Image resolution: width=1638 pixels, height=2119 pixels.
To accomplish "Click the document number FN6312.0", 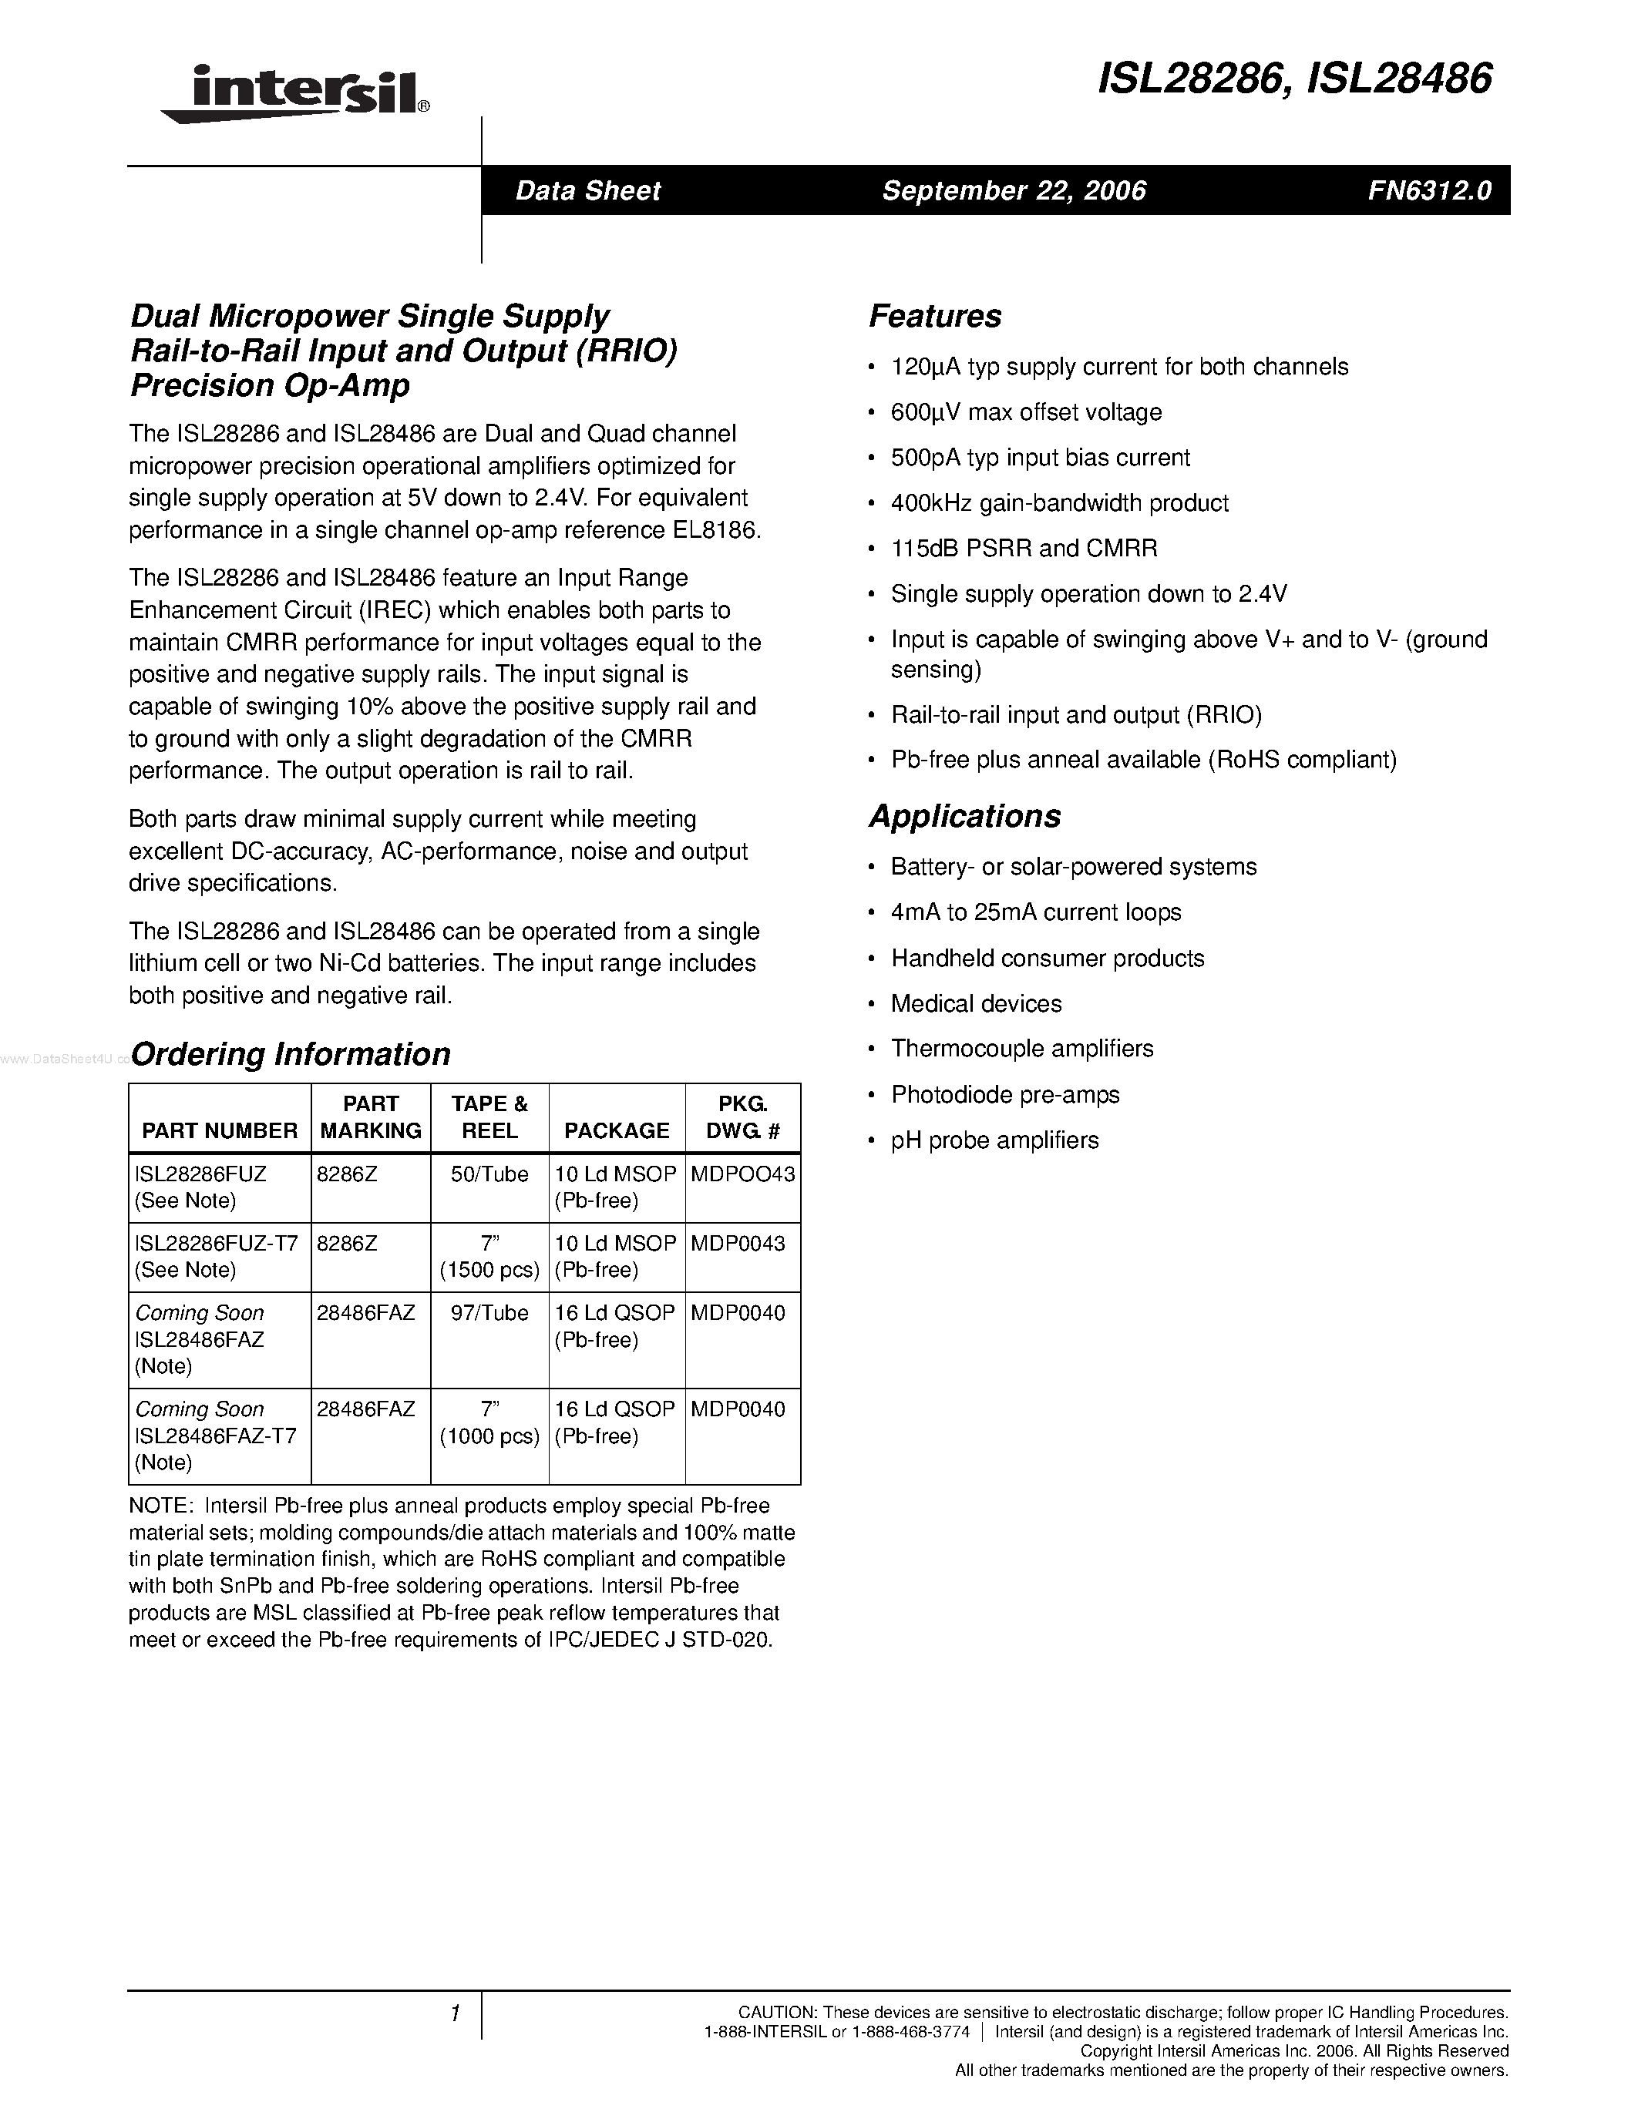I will pos(1428,190).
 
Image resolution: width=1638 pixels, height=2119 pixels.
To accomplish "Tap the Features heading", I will pos(934,316).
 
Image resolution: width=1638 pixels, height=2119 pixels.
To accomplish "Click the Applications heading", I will pos(964,816).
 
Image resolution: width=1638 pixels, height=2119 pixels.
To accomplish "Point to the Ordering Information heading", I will pos(290,1053).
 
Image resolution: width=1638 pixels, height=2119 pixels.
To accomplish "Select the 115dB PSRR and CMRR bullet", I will pos(1024,548).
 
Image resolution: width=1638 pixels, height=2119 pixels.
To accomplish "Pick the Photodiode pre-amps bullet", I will pos(1004,1094).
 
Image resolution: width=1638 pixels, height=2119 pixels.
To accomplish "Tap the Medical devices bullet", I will pos(975,1003).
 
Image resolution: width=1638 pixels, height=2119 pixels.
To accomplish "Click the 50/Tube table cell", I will pos(489,1174).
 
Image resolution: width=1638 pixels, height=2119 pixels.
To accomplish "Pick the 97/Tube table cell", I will pos(489,1313).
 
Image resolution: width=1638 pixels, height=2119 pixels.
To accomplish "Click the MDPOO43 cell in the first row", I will pos(742,1174).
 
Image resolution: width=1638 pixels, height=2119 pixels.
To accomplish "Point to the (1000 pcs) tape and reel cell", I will pos(489,1436).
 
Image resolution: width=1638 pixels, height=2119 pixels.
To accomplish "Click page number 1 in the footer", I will pos(454,2014).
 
